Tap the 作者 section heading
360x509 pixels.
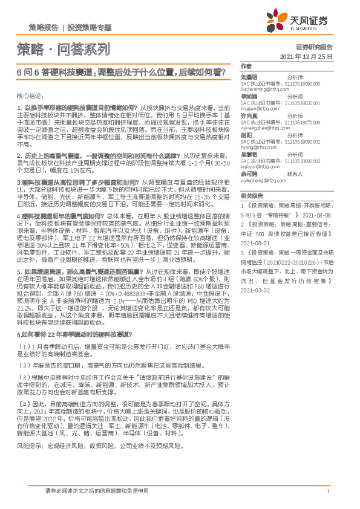tap(246, 66)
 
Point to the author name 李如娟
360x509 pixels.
tap(249, 97)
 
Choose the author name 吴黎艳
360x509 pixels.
tap(249, 155)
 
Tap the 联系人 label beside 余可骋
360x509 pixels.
tap(295, 173)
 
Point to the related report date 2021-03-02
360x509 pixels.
tap(254, 290)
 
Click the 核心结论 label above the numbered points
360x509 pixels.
tap(30, 96)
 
